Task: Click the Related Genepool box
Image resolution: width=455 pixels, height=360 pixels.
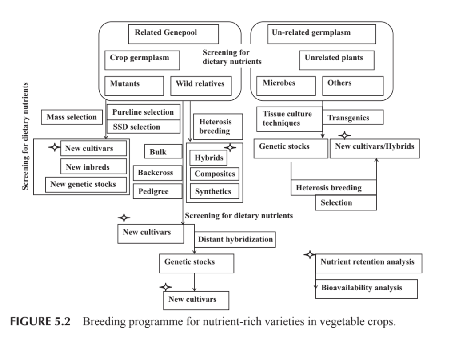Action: point(173,34)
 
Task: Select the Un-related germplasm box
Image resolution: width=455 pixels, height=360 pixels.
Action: point(323,34)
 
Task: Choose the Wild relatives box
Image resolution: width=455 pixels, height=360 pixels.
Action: point(201,86)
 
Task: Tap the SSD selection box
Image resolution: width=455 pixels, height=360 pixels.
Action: point(143,127)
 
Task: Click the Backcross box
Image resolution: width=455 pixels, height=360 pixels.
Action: point(157,173)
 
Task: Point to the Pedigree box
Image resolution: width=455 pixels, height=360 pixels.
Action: point(157,192)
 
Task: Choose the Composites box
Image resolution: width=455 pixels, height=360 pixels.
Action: point(215,174)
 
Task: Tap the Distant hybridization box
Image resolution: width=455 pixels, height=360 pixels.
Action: point(235,240)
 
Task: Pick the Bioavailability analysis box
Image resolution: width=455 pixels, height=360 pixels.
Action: point(367,288)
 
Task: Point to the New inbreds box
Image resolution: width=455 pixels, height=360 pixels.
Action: point(87,167)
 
